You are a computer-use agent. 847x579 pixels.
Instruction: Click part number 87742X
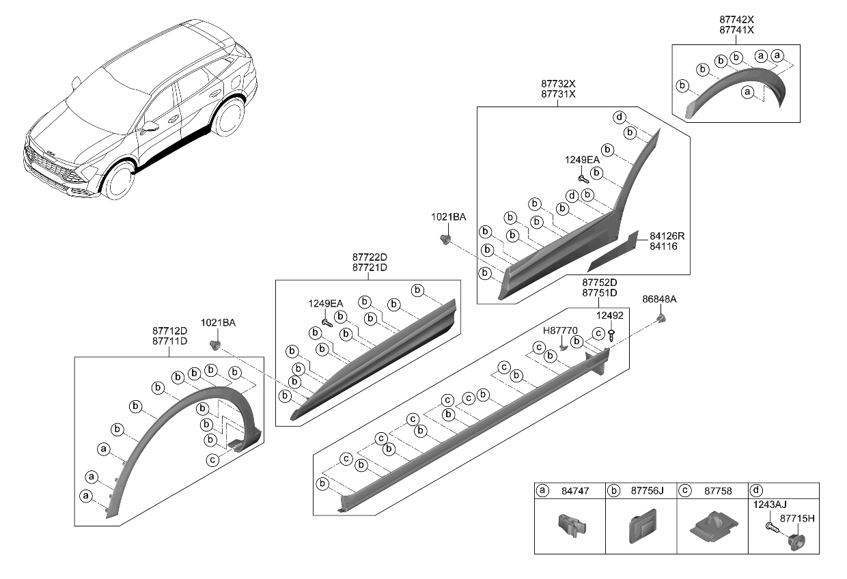tap(735, 20)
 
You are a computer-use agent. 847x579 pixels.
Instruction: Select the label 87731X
tap(557, 94)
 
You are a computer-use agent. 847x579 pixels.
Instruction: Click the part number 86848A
tap(659, 299)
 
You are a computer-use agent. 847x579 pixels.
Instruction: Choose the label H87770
tap(560, 330)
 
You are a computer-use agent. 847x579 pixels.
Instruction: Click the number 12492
tap(611, 315)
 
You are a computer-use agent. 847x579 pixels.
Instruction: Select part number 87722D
tap(370, 257)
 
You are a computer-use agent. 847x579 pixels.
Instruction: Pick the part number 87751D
tap(599, 293)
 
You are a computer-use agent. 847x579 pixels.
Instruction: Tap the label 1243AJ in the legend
tap(770, 505)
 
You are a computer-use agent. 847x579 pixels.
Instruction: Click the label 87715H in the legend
tap(796, 519)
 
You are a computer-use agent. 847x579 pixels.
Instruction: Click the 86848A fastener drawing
tap(661, 318)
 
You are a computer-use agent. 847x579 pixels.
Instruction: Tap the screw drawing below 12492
tap(611, 335)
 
